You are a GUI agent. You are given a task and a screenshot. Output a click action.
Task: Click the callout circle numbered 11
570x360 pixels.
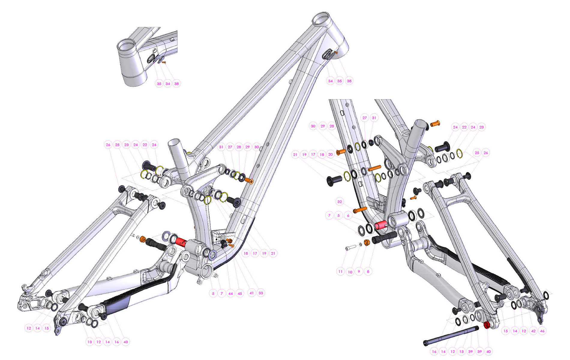340,271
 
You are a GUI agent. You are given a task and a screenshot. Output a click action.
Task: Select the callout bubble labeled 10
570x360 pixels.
350,272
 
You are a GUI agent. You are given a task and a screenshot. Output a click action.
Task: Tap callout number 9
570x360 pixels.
359,271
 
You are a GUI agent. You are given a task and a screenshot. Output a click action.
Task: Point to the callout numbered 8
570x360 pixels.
368,271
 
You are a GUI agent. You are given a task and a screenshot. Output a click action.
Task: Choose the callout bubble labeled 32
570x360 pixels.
340,202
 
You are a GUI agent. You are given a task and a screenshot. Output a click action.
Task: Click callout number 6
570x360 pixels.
348,215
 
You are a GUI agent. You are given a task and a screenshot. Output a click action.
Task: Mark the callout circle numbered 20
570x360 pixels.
330,154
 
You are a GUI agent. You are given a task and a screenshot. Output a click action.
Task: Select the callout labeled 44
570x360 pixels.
230,294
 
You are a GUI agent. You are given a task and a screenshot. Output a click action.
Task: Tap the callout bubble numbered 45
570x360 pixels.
240,294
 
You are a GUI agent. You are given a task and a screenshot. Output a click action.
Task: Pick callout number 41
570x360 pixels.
251,293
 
